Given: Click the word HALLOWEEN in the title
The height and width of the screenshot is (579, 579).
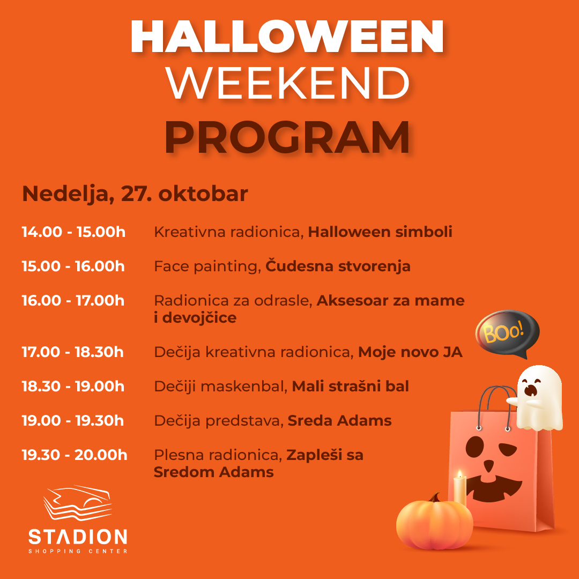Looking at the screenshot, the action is pyautogui.click(x=287, y=36).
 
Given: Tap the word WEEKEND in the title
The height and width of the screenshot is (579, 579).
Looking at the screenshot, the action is pyautogui.click(x=288, y=84).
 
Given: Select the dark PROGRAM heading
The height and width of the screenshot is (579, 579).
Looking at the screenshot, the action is pyautogui.click(x=287, y=137).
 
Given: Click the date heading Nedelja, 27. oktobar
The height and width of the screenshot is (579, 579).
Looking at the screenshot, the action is pyautogui.click(x=135, y=194).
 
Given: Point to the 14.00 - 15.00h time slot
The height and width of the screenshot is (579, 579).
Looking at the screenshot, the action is pyautogui.click(x=73, y=232).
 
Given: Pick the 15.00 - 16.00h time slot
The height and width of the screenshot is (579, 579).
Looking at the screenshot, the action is pyautogui.click(x=73, y=266).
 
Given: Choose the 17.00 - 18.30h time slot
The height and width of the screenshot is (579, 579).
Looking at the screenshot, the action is pyautogui.click(x=72, y=352).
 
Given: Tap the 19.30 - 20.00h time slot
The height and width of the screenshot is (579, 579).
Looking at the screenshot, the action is pyautogui.click(x=74, y=455).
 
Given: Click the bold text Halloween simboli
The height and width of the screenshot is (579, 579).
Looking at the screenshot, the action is pyautogui.click(x=380, y=232).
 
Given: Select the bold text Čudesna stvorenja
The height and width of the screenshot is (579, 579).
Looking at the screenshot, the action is pyautogui.click(x=338, y=266).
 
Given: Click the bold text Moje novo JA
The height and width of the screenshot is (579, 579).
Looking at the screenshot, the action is pyautogui.click(x=410, y=352).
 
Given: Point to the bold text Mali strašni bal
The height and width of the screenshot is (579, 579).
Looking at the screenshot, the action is pyautogui.click(x=351, y=386).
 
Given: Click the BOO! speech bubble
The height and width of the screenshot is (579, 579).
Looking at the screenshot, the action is pyautogui.click(x=507, y=333).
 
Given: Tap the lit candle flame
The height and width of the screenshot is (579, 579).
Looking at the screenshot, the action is pyautogui.click(x=460, y=474).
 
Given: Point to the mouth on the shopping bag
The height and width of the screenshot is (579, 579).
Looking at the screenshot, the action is pyautogui.click(x=494, y=489).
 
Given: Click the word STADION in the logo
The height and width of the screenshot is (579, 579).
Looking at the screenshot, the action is pyautogui.click(x=78, y=537).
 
